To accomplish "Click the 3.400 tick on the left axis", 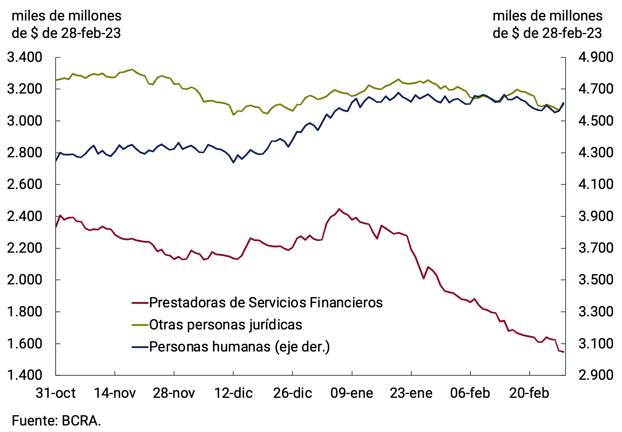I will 24,57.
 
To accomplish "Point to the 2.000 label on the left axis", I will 24,280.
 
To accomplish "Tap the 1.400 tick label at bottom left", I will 24,375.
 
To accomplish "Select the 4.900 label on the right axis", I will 596,57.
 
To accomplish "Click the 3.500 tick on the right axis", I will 596,280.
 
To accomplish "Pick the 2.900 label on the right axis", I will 596,375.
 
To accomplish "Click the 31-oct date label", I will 56,393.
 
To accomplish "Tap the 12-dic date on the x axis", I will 234,393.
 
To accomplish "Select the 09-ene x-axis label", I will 352,393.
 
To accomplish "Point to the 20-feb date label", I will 529,393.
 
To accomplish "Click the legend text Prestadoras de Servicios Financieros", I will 266,302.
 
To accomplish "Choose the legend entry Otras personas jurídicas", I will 226,325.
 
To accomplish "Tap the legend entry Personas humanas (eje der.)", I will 239,347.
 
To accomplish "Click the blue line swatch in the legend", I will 140,347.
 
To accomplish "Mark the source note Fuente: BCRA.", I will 56,421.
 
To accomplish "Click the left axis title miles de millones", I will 66,16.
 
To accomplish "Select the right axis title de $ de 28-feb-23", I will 547,33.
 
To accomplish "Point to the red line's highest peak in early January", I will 339,209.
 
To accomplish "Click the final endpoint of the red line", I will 563,352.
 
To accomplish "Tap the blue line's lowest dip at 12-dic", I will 233,162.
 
